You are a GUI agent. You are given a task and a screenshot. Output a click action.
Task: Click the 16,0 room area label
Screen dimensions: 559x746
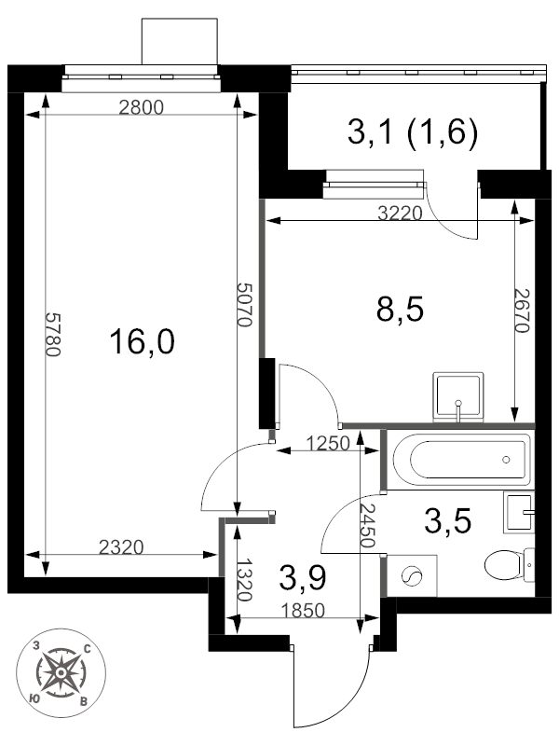click(x=142, y=342)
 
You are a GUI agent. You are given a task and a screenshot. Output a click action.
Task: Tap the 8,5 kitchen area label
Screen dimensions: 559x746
click(x=400, y=310)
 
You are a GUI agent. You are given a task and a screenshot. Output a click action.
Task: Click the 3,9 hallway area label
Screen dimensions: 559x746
click(x=303, y=578)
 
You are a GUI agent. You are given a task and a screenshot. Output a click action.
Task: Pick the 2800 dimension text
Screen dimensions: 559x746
click(x=141, y=107)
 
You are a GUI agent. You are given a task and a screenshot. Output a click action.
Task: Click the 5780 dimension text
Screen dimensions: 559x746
click(x=52, y=335)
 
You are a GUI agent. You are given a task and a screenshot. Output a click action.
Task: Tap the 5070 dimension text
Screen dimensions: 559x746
click(x=244, y=305)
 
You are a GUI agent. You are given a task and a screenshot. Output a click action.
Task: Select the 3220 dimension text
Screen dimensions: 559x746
click(x=400, y=214)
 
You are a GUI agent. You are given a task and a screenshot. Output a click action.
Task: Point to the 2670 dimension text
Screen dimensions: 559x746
click(x=522, y=311)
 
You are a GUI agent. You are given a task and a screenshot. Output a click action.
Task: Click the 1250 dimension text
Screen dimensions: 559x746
click(x=328, y=444)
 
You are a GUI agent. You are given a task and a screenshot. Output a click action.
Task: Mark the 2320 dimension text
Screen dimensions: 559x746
click(x=121, y=547)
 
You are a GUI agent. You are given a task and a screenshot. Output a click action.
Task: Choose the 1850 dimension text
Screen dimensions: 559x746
click(x=302, y=610)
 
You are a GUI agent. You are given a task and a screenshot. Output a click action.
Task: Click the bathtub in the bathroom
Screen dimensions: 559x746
click(x=461, y=459)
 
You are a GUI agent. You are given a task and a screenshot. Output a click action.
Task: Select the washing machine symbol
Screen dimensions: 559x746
click(x=412, y=575)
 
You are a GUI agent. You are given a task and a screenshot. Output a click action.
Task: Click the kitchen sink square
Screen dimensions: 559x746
click(x=458, y=395)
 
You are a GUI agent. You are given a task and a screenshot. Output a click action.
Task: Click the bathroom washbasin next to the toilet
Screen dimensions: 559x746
click(x=519, y=512)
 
